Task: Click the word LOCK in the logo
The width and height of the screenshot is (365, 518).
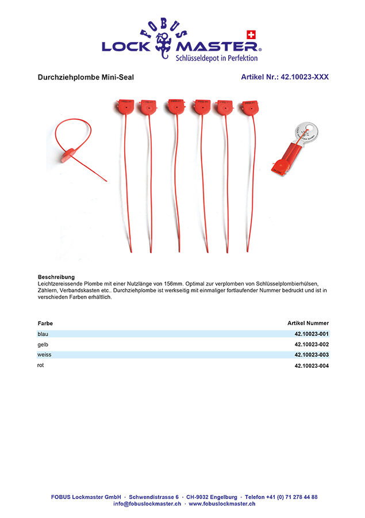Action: [126, 46]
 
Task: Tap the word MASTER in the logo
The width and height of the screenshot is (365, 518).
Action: [219, 46]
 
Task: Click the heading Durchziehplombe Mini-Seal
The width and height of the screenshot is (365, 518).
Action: [86, 77]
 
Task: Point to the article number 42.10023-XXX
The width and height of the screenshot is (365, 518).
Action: [285, 77]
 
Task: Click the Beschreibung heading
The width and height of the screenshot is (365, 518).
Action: [56, 277]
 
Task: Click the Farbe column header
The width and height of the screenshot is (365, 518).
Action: [45, 323]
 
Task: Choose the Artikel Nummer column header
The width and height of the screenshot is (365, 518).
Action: [308, 323]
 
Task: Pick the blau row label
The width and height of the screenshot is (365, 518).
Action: [43, 334]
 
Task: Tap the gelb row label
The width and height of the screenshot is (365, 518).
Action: [43, 344]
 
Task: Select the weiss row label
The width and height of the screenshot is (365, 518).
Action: [44, 355]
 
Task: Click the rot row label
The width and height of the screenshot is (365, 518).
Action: [41, 365]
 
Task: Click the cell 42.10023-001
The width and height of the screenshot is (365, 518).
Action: [312, 334]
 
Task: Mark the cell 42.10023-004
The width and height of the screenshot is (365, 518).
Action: [312, 365]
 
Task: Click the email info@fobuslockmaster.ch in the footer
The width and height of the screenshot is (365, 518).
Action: [148, 504]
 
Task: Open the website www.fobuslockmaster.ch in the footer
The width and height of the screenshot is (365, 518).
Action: [222, 504]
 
